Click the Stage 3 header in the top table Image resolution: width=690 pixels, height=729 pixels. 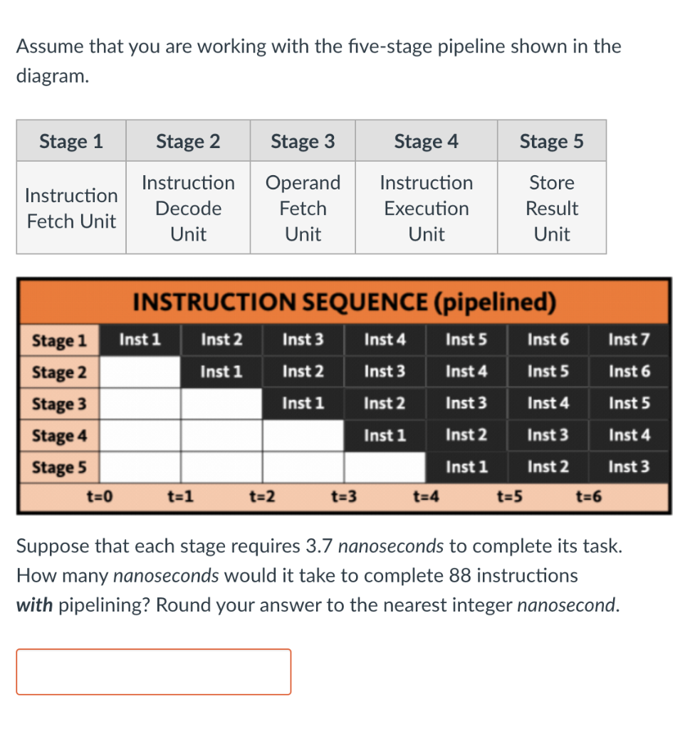coord(303,141)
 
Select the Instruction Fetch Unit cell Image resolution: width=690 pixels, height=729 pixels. coord(71,208)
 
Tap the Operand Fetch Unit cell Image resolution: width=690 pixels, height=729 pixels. coord(303,208)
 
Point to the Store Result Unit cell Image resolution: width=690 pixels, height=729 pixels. coord(552,208)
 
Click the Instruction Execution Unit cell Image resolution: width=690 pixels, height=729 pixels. coord(426,208)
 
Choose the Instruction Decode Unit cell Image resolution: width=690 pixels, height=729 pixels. coord(188,208)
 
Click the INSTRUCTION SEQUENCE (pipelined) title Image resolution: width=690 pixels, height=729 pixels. coord(344,302)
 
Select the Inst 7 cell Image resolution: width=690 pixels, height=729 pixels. coord(629,340)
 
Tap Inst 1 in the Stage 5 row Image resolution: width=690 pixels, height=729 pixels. coord(466,467)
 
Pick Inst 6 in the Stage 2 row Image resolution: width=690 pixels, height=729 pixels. coord(629,371)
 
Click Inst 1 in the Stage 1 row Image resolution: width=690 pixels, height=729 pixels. coord(140,340)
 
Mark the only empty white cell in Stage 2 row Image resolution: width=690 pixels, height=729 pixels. coord(140,372)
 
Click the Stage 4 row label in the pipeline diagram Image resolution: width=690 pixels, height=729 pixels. coord(59,435)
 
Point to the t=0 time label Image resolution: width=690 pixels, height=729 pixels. coord(100,497)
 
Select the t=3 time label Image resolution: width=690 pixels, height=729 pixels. coord(345,497)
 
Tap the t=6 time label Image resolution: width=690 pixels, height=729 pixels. coord(589,497)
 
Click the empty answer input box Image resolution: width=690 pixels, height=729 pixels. coord(153,671)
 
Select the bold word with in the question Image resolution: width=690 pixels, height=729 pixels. coord(34,605)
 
